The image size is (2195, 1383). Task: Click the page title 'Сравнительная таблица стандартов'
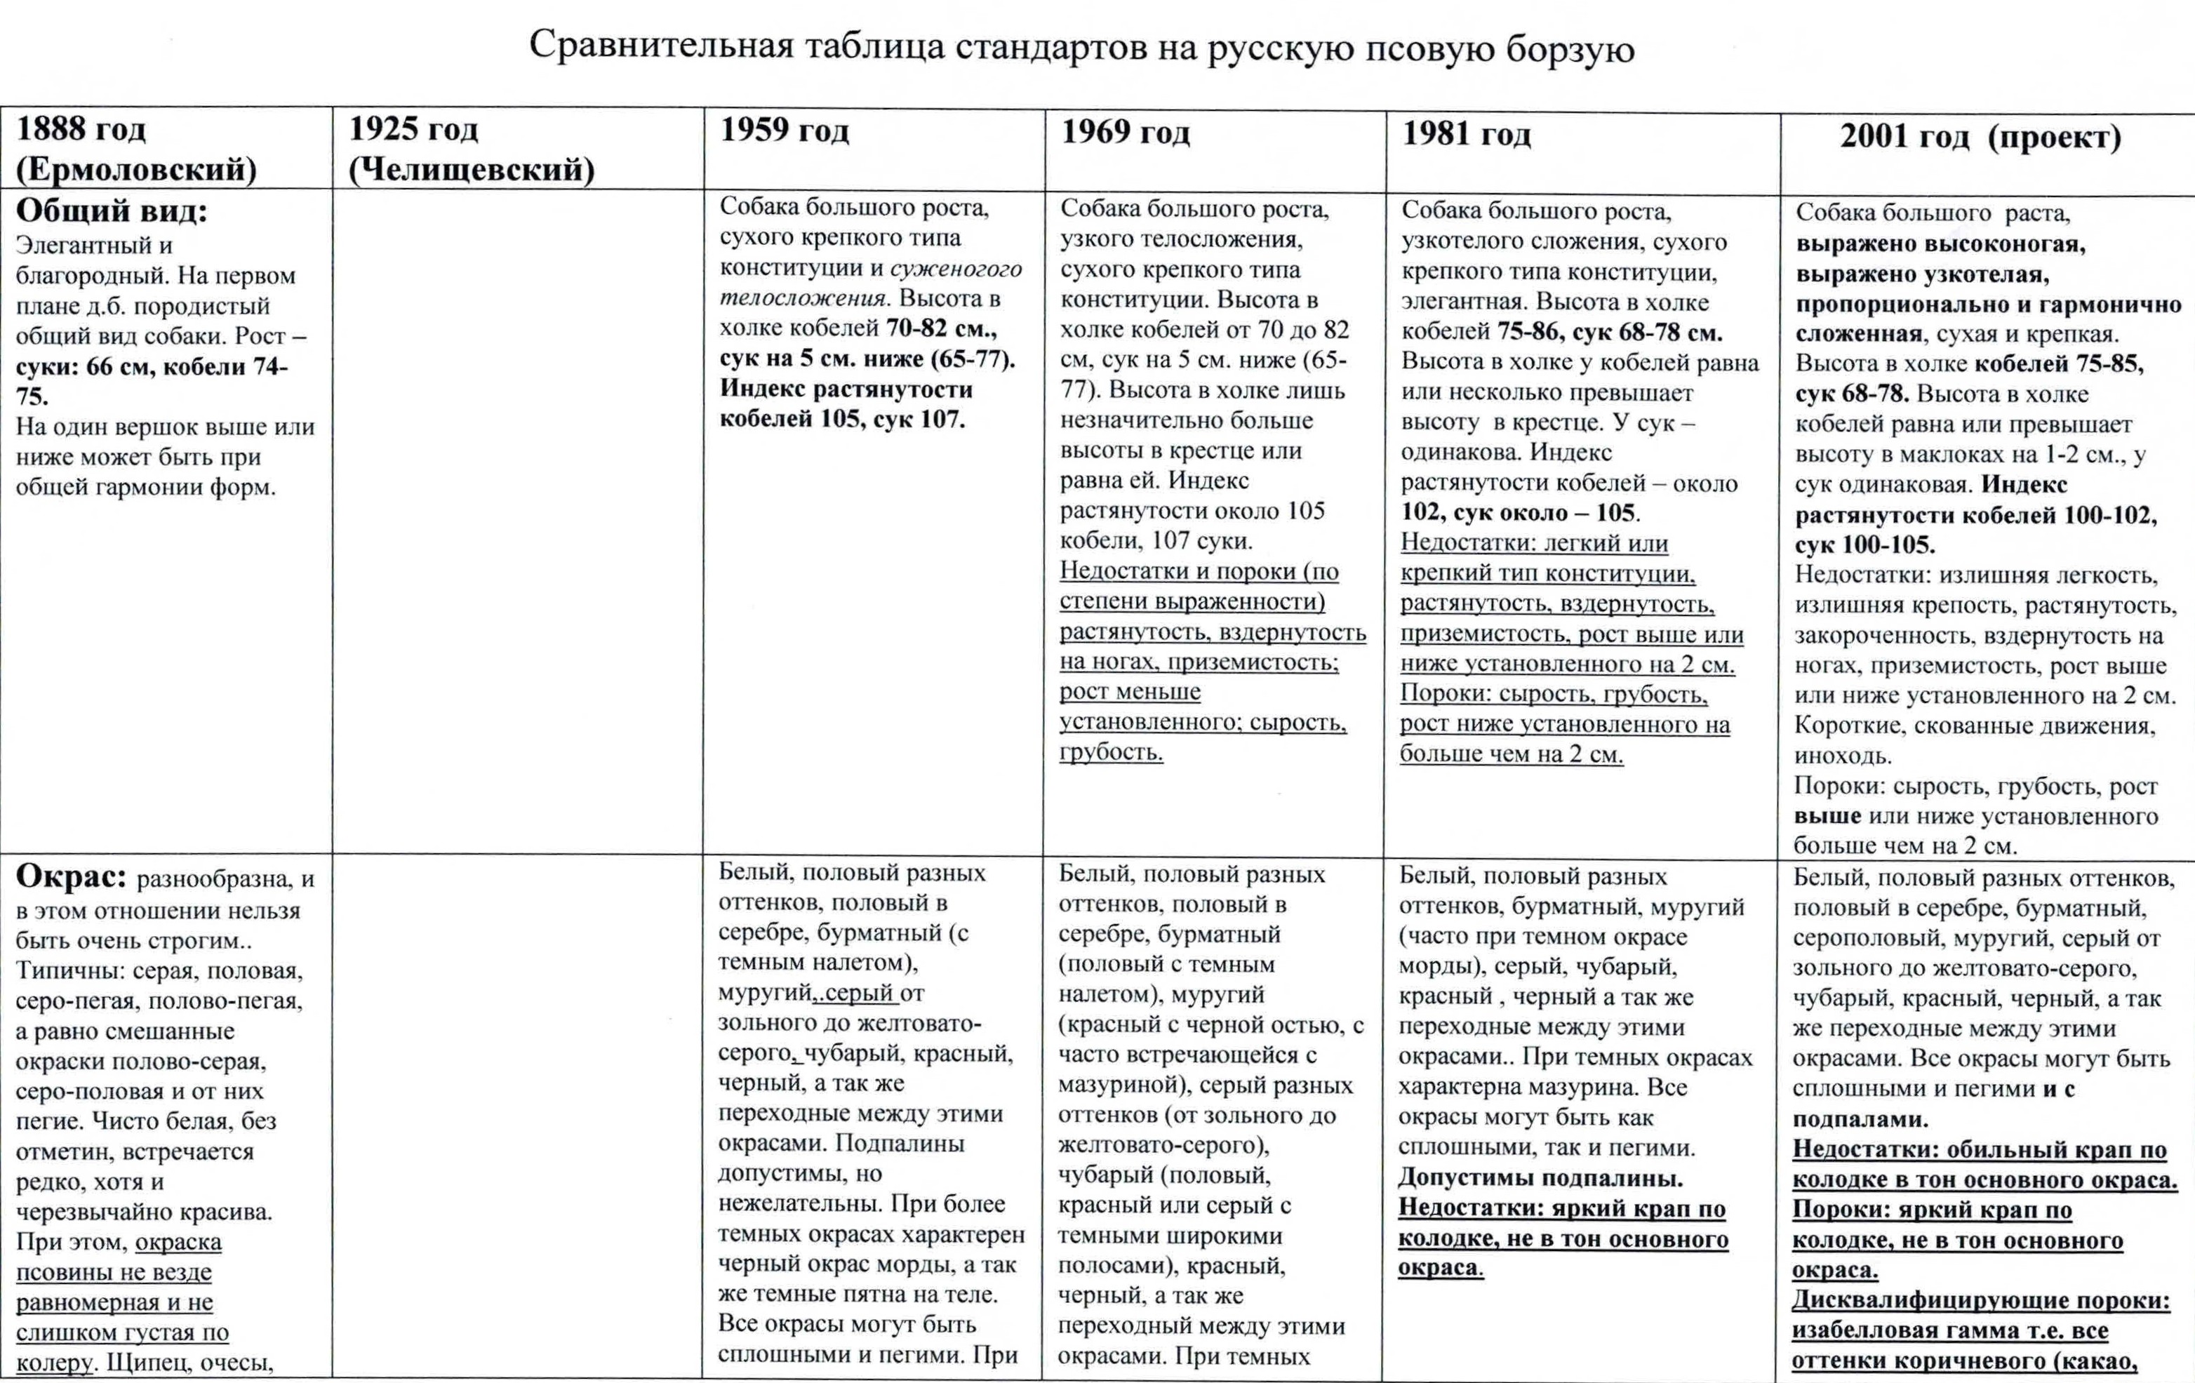click(x=1081, y=48)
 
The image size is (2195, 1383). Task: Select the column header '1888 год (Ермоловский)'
click(x=137, y=149)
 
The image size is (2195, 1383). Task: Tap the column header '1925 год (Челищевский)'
click(x=472, y=149)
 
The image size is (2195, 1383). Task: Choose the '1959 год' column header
click(x=784, y=131)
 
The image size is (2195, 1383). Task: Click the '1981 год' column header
click(x=1466, y=134)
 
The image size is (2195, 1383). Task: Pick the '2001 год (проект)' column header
click(x=1980, y=137)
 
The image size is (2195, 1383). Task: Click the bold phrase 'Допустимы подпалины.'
click(x=1540, y=1178)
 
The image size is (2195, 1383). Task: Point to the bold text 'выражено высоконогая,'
click(x=1940, y=244)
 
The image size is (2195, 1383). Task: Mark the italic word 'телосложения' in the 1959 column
click(x=802, y=298)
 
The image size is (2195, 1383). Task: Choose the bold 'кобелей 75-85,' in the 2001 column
click(x=2058, y=363)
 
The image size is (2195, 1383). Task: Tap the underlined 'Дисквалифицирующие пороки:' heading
click(x=1980, y=1301)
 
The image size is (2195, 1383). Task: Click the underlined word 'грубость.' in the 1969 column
click(x=1110, y=753)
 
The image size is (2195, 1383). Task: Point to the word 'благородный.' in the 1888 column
click(x=91, y=275)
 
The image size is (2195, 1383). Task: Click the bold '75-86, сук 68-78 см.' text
click(x=1610, y=333)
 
